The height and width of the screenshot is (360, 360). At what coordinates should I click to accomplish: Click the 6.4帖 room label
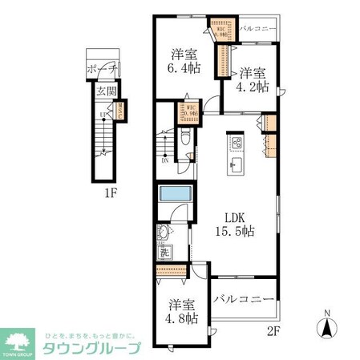click(x=184, y=61)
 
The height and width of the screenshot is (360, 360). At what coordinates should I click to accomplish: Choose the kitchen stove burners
click(x=236, y=144)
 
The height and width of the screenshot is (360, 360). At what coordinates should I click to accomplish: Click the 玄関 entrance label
click(x=106, y=92)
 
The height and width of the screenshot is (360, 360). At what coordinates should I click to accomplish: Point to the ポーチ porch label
click(x=99, y=68)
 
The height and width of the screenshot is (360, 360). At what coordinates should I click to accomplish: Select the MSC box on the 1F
click(x=121, y=111)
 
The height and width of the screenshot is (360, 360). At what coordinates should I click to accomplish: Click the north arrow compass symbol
click(x=327, y=326)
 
